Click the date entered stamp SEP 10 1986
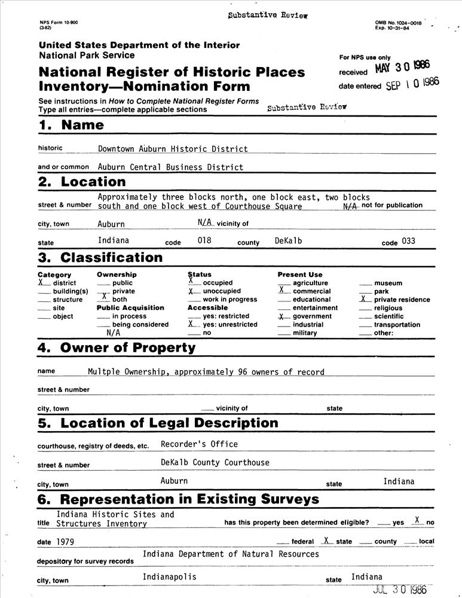[412, 84]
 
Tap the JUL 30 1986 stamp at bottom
[400, 589]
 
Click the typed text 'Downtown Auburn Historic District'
[173, 149]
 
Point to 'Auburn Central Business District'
[170, 167]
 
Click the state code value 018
[205, 241]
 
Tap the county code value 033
[409, 241]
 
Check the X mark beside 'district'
[41, 282]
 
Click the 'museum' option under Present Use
[388, 283]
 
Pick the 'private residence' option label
[402, 300]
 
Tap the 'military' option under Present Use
[305, 333]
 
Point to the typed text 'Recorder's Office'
[199, 444]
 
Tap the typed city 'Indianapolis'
[169, 577]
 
